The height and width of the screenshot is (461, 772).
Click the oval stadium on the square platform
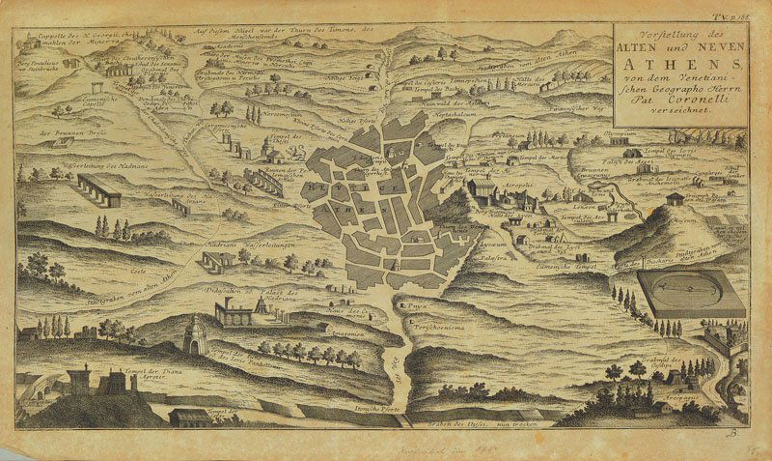(691, 291)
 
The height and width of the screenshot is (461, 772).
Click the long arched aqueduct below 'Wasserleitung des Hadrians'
(99, 188)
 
